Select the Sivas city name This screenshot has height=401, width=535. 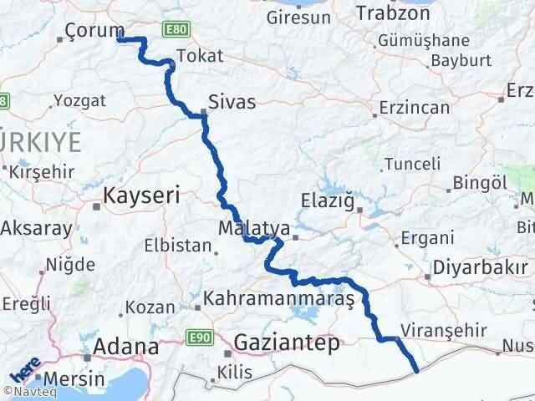click(x=232, y=101)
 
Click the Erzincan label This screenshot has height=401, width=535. click(x=414, y=108)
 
